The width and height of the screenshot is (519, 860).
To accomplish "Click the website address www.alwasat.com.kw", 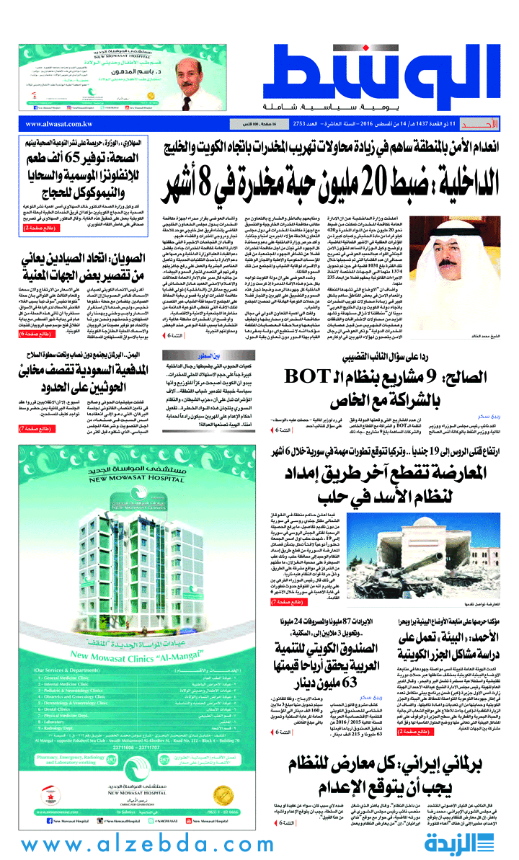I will tap(48, 125).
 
